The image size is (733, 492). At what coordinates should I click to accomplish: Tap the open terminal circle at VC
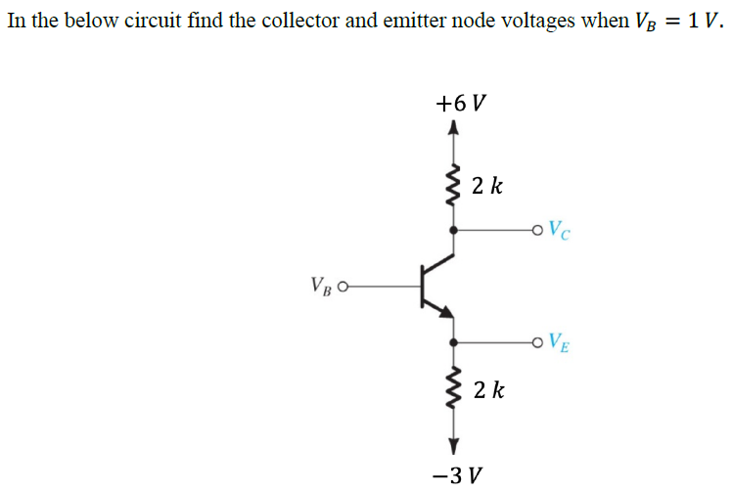[x=534, y=232]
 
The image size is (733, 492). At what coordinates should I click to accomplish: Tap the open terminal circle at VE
[x=534, y=342]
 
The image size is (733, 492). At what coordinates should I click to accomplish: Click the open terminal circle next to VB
[x=343, y=287]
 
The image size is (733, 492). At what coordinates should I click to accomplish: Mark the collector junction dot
[x=452, y=232]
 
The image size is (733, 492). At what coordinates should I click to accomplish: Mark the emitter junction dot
[x=452, y=342]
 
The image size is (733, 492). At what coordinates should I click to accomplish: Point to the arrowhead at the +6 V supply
[x=452, y=127]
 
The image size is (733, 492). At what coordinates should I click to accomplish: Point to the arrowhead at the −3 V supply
[x=452, y=447]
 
